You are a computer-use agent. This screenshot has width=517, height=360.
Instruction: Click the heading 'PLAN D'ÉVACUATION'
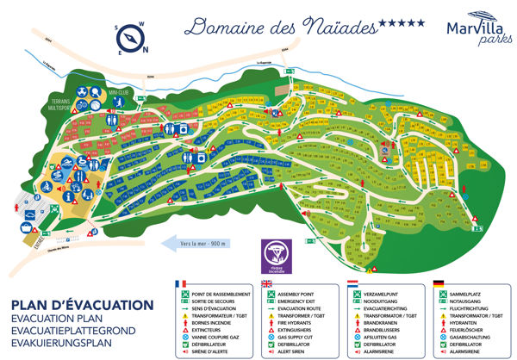[x=83, y=306]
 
